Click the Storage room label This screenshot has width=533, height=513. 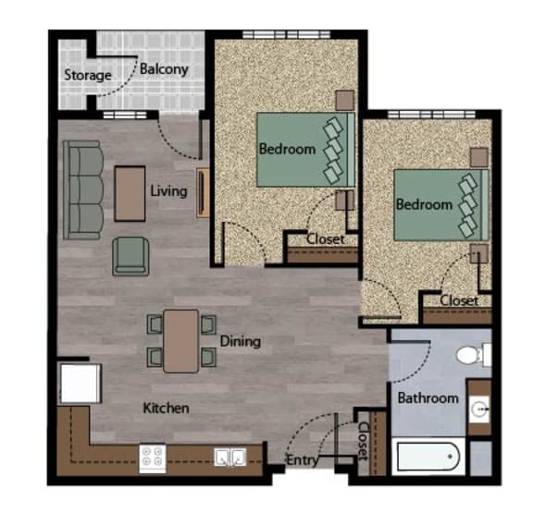[x=87, y=75]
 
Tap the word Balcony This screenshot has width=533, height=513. [x=164, y=68]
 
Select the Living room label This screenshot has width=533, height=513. [x=168, y=191]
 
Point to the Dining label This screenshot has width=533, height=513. [x=240, y=341]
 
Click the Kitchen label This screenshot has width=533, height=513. [x=166, y=408]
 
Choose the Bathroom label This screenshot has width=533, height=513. [x=428, y=398]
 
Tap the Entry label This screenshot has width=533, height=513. [x=302, y=459]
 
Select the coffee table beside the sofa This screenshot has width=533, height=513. [x=130, y=192]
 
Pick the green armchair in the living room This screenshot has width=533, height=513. [x=130, y=256]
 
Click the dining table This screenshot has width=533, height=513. [x=181, y=340]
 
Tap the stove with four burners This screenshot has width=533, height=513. [x=152, y=456]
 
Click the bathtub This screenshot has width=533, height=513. [x=425, y=457]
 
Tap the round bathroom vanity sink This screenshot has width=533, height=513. [x=478, y=408]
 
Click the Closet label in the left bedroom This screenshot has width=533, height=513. [x=326, y=238]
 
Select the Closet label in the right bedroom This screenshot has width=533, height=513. [x=459, y=300]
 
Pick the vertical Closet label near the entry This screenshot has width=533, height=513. [x=364, y=441]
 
